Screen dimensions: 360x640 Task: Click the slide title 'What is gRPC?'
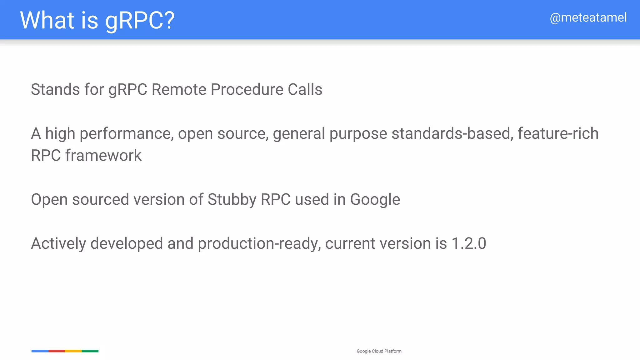(97, 20)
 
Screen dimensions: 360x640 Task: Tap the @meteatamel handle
(588, 18)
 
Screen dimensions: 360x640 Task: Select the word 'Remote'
(179, 89)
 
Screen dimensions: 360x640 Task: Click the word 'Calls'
(305, 89)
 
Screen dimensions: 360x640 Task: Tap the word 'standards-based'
(452, 133)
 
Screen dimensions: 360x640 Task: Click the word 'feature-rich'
(558, 133)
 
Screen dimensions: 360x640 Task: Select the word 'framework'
(103, 155)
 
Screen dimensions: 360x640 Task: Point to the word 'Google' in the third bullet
(375, 200)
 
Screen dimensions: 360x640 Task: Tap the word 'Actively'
(58, 243)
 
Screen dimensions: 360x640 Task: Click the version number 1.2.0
(469, 243)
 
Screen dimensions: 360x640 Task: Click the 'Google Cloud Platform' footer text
(379, 351)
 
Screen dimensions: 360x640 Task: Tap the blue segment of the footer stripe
(40, 351)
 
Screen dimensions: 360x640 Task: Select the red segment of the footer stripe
(57, 351)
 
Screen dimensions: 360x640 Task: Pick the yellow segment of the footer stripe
(73, 351)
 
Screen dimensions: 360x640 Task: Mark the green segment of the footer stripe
(90, 351)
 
